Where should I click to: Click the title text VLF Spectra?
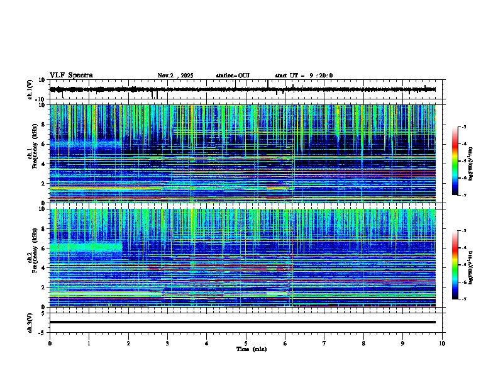coord(71,75)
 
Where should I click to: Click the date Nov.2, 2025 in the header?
coord(175,75)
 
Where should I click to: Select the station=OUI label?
coord(233,75)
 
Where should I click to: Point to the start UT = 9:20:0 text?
coord(304,75)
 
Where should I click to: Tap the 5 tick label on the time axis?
coord(246,343)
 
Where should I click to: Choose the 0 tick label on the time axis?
coord(50,343)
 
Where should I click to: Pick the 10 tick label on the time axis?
coord(442,343)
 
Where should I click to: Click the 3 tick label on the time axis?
coord(167,343)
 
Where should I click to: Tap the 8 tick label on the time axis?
coord(363,343)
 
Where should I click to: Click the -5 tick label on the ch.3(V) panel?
coord(43,332)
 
